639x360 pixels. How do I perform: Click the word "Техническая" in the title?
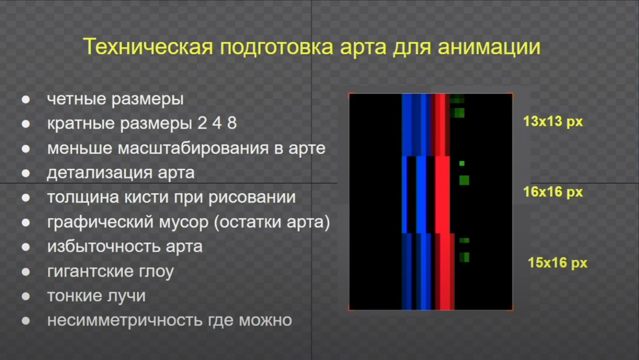click(148, 46)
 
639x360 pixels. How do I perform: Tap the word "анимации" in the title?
click(489, 47)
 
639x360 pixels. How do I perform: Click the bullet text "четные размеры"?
click(115, 99)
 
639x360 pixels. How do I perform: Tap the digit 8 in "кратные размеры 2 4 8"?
click(232, 123)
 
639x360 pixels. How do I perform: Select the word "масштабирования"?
click(193, 149)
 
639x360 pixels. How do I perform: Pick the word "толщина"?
click(83, 198)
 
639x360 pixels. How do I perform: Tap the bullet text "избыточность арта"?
click(125, 247)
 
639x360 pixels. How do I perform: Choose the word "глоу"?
click(156, 271)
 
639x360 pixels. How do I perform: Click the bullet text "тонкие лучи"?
click(96, 296)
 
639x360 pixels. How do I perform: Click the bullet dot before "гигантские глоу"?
click(26, 271)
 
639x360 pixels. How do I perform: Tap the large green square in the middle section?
click(464, 180)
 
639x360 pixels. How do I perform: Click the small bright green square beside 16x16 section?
click(462, 163)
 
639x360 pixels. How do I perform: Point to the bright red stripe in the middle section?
click(442, 195)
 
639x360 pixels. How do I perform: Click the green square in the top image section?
click(459, 113)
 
